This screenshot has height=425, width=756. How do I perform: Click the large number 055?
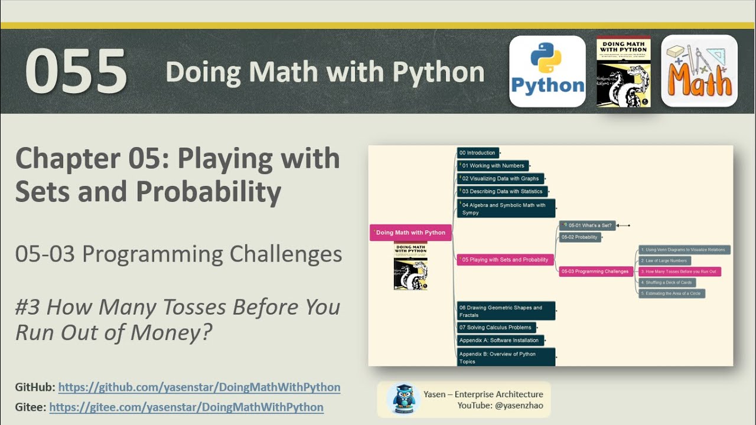pos(76,72)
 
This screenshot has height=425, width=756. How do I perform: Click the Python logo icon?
pos(548,71)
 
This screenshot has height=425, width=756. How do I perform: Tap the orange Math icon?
pos(699,71)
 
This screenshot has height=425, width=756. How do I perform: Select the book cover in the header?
pos(623,71)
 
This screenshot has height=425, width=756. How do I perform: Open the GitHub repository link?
pos(199,387)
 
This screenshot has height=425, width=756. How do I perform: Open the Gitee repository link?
pos(186,407)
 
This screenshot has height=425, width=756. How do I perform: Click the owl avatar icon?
pos(403,398)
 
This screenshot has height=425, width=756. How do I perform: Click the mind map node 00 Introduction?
pos(478,153)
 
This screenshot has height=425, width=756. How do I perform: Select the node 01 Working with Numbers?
pos(493,166)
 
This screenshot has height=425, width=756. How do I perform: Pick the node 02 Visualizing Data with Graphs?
pos(500,178)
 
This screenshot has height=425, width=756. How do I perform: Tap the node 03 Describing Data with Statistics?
pos(502,191)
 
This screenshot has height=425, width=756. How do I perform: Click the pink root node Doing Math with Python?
pos(410,233)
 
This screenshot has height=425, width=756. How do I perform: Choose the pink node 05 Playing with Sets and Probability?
pos(505,260)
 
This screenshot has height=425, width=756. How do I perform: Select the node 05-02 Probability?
pos(580,237)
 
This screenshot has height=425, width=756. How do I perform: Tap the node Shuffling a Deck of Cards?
pos(667,283)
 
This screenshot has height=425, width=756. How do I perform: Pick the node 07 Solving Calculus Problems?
pos(496,328)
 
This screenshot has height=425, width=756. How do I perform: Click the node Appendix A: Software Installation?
pos(500,341)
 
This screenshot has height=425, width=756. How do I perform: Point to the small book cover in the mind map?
pos(410,266)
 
